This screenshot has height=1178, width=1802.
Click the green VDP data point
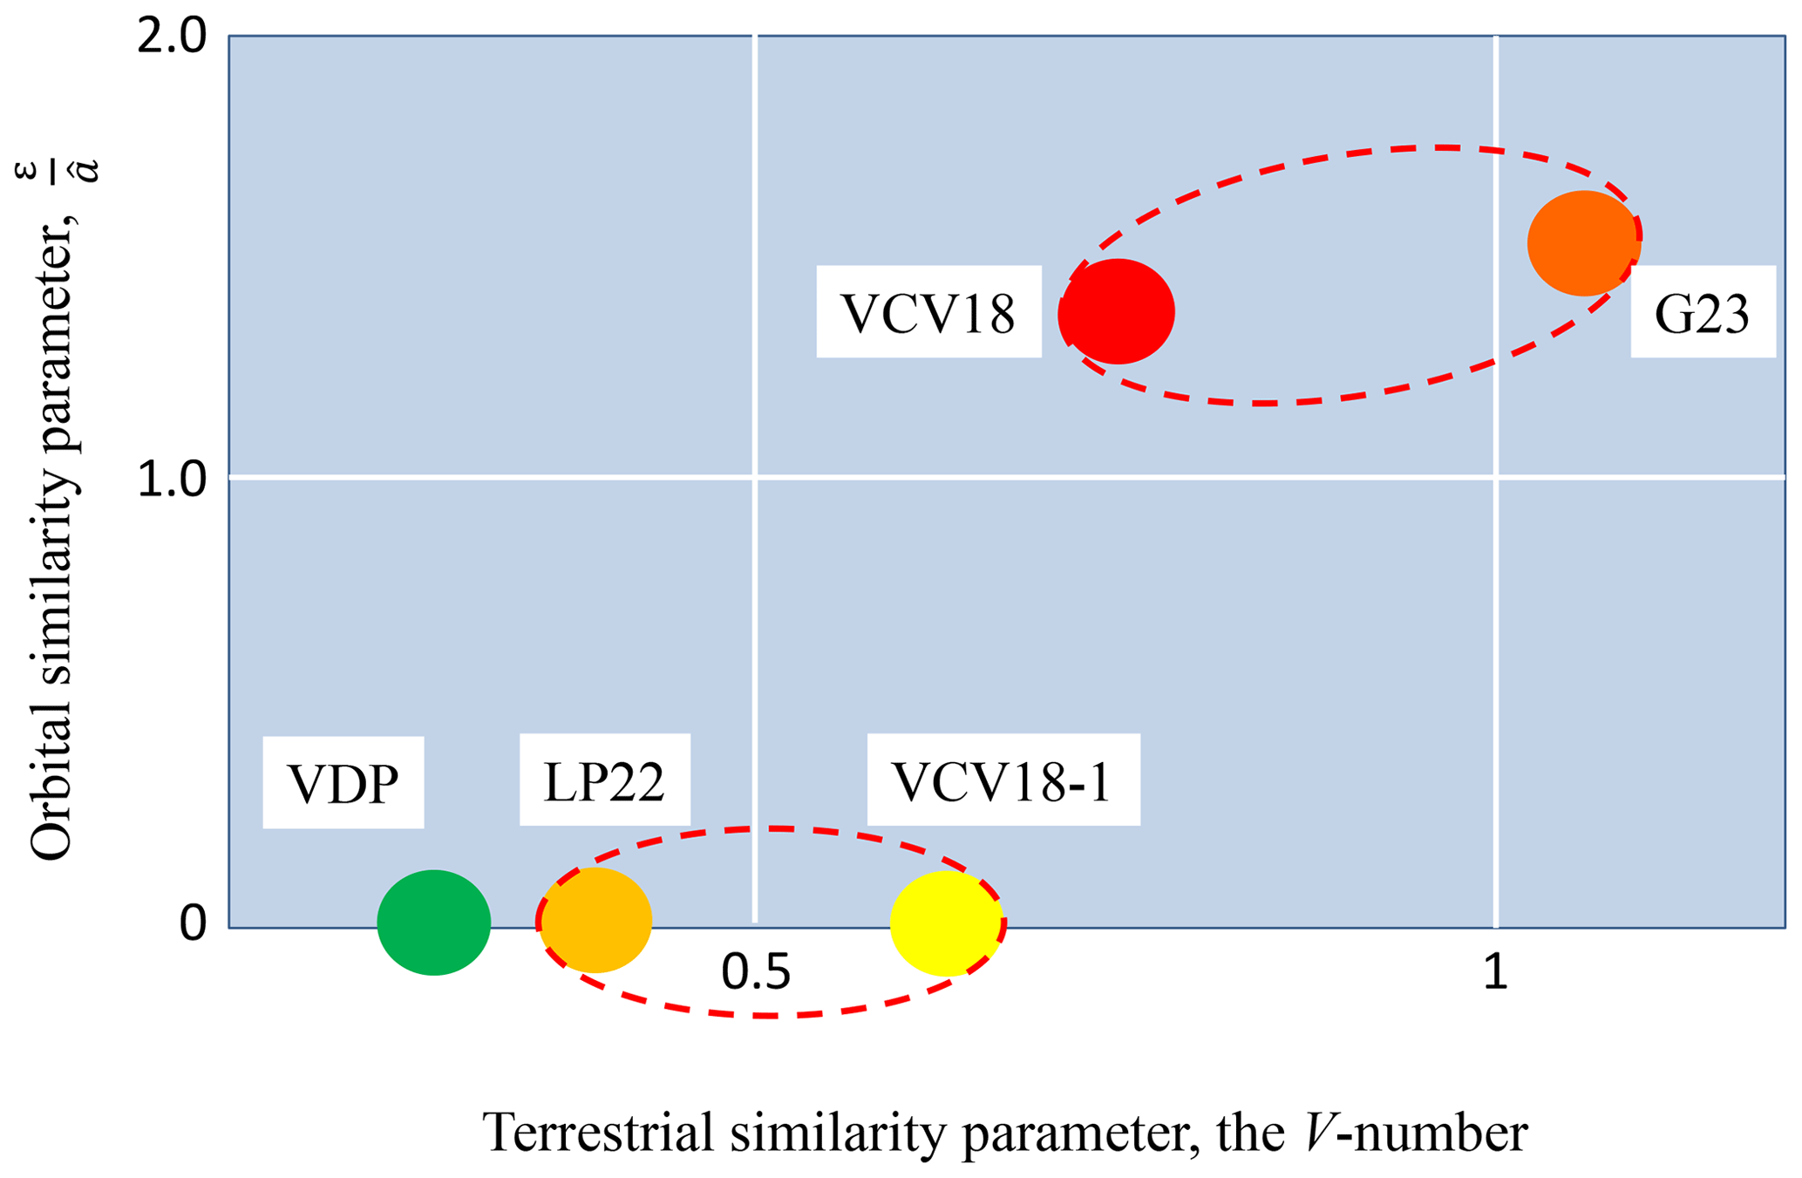click(433, 922)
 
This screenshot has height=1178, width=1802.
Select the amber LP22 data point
click(596, 920)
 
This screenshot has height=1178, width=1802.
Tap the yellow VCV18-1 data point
click(945, 923)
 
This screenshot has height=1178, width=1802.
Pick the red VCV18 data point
click(1117, 311)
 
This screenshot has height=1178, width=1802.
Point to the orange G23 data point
click(1583, 242)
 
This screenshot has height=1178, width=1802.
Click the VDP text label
click(343, 782)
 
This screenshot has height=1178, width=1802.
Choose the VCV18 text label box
click(928, 311)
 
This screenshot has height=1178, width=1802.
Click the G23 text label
click(1703, 312)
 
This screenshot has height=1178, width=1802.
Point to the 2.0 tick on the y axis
click(172, 38)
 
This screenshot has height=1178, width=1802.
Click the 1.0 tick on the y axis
click(172, 479)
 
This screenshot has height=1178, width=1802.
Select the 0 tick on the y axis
click(193, 923)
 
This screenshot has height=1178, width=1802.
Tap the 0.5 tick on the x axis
click(755, 971)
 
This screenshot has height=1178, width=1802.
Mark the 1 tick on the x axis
click(1495, 971)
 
